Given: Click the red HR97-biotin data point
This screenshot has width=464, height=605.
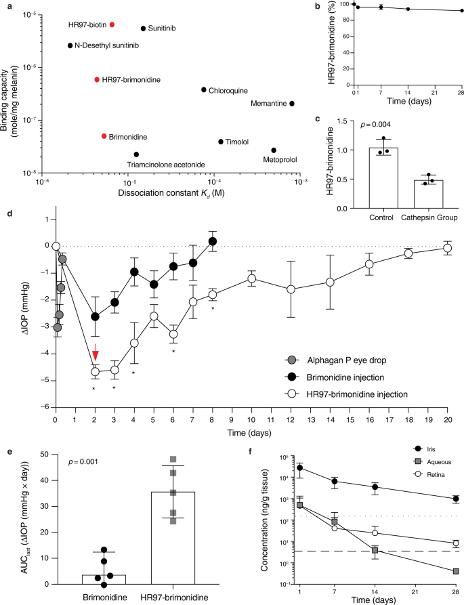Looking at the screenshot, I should click(x=112, y=24).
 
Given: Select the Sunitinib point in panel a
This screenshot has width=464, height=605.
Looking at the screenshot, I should click(x=143, y=28).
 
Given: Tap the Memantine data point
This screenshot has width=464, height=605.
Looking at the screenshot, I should click(x=292, y=104).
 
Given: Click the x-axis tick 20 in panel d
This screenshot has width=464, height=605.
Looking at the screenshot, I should click(x=447, y=419).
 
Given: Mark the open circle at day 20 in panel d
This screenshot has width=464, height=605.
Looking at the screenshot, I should click(x=447, y=249).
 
